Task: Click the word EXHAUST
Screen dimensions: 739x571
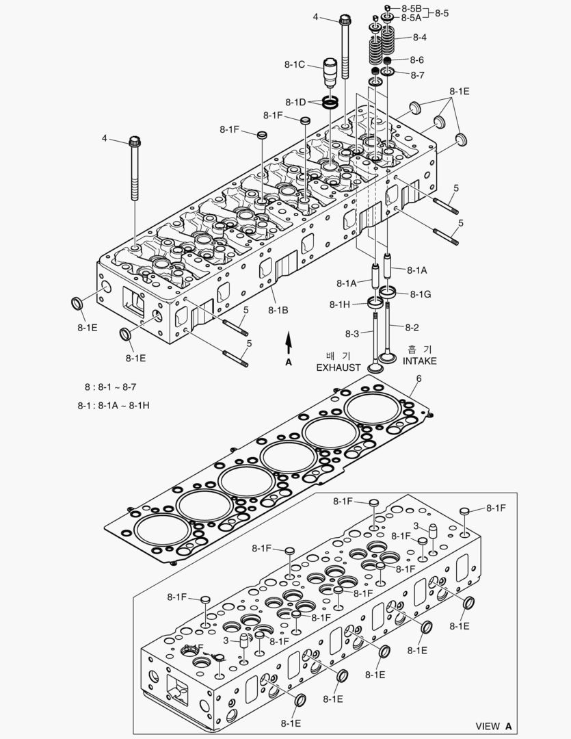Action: coord(338,367)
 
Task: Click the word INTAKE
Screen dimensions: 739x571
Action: coord(419,361)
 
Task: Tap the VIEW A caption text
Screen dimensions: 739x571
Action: coord(494,726)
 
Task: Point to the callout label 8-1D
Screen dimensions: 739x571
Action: coord(296,102)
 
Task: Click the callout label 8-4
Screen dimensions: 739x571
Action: coord(419,37)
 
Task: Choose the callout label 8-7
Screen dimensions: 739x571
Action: coord(417,75)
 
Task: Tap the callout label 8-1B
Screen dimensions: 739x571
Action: coord(278,310)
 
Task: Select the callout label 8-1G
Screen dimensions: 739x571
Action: coord(420,294)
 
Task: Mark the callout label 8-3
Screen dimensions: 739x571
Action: coord(351,333)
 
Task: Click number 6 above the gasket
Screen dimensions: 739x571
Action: coord(419,379)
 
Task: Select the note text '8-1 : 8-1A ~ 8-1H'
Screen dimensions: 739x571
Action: coord(114,405)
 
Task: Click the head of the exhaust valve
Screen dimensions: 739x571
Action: coord(375,367)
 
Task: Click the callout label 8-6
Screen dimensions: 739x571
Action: coord(417,60)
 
